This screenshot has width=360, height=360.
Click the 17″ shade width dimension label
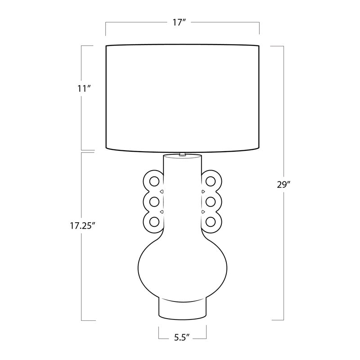[179, 22]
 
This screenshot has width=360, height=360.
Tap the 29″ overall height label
[284, 184]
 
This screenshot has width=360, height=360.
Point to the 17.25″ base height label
[83, 226]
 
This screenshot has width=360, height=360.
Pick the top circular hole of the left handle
[154, 181]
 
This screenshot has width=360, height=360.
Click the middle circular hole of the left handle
[154, 202]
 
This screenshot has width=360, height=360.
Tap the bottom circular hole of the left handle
[154, 222]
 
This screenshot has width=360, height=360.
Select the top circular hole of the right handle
[211, 181]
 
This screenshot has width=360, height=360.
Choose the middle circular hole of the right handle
[211, 202]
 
